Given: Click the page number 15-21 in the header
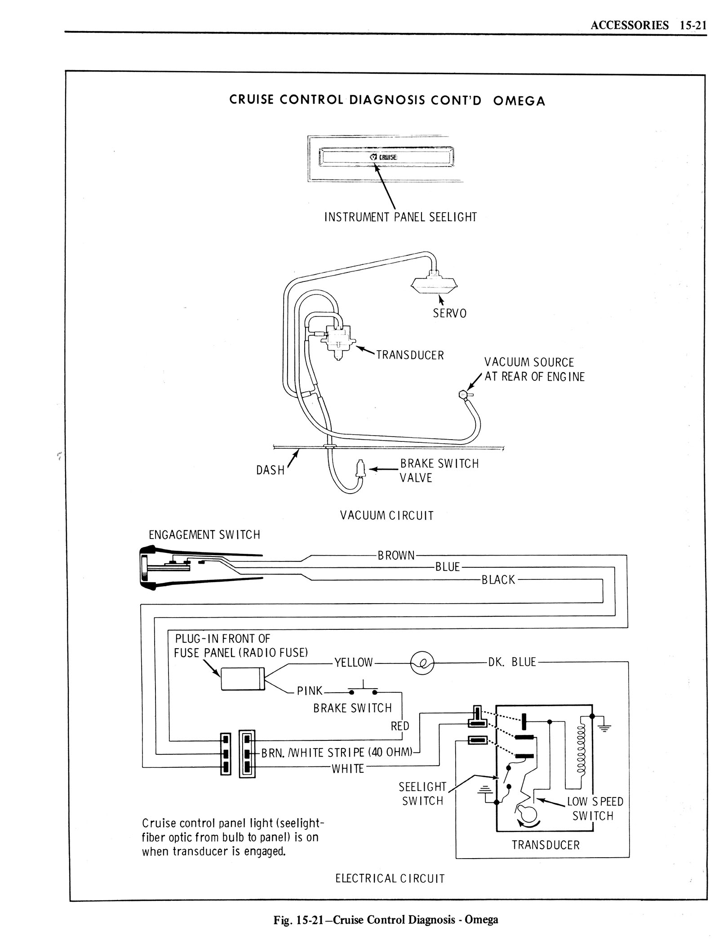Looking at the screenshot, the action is click(x=693, y=25).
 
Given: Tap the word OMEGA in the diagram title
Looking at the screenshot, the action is click(x=519, y=101).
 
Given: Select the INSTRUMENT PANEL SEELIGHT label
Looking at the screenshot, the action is click(x=400, y=217).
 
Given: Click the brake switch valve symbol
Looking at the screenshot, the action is click(x=360, y=469).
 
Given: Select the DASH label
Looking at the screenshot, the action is click(x=271, y=470).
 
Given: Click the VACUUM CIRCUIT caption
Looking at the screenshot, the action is click(x=387, y=515).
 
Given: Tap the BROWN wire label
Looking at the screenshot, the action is click(x=396, y=556).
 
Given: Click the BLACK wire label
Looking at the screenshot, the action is click(x=498, y=580).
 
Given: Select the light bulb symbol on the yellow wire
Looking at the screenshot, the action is click(x=422, y=663).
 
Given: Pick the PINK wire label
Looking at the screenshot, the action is click(x=310, y=690).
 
